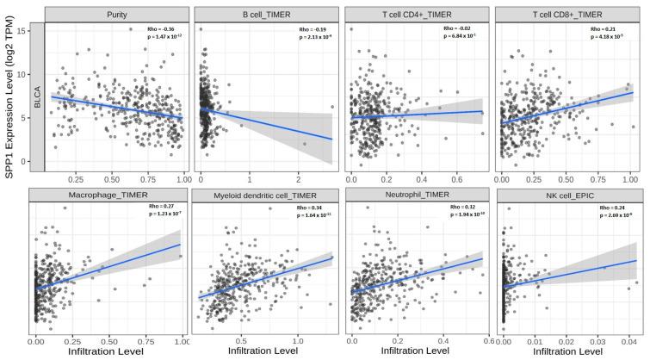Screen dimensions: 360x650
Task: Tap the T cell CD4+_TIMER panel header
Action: pyautogui.click(x=418, y=14)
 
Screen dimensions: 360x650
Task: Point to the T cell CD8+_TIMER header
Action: pyautogui.click(x=569, y=14)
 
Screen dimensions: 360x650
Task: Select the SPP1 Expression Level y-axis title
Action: pyautogui.click(x=12, y=129)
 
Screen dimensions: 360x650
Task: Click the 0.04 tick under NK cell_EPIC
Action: pyautogui.click(x=630, y=342)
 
